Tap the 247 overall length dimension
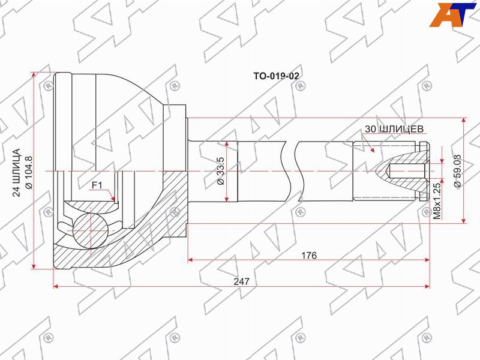click(x=242, y=281)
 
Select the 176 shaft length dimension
click(x=308, y=255)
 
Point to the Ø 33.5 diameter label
click(x=220, y=170)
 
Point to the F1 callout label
click(x=97, y=185)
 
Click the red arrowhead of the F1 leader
click(x=112, y=199)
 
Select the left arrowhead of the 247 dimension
click(x=56, y=286)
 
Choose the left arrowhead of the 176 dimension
click(x=191, y=260)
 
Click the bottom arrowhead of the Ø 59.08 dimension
click(x=464, y=222)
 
